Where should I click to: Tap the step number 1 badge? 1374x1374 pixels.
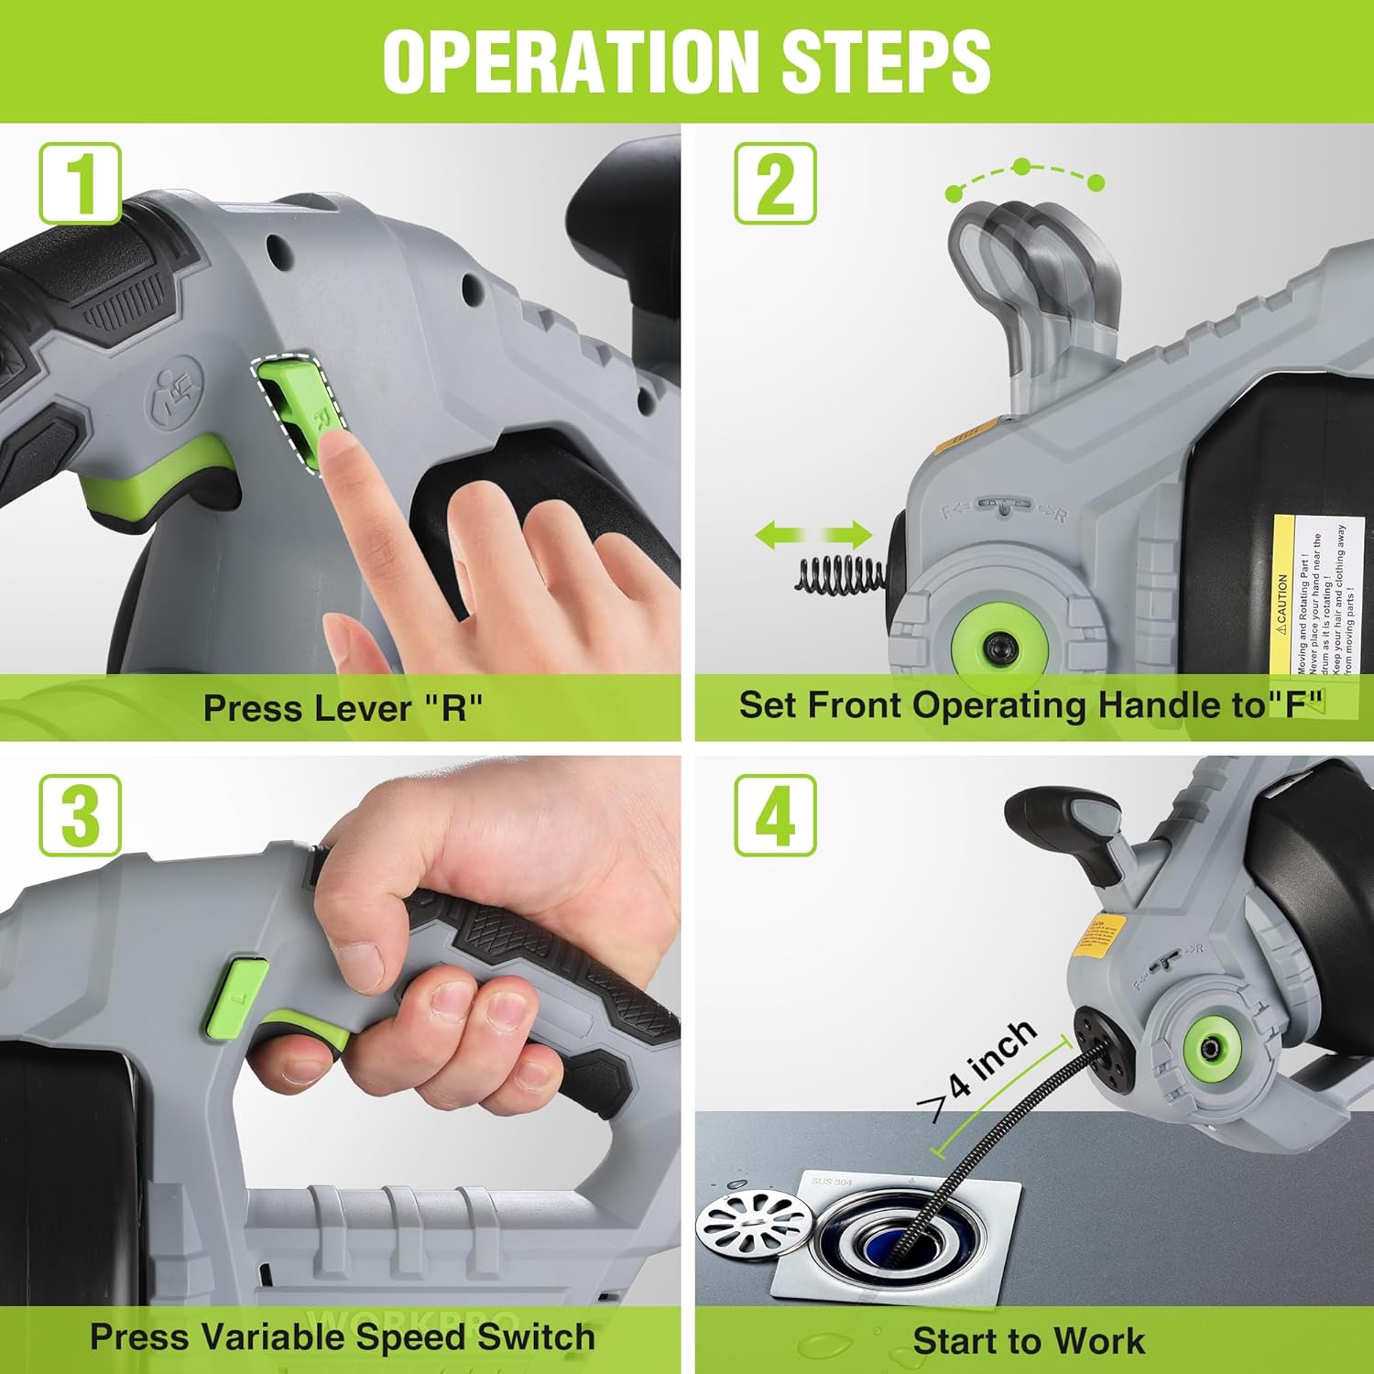81,183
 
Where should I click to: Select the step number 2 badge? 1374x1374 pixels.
776,183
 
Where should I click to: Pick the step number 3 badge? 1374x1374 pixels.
81,815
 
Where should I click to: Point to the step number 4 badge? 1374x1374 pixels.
776,815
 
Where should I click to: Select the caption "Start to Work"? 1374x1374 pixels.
1029,1340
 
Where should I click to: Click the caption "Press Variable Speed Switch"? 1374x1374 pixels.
342,1337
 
